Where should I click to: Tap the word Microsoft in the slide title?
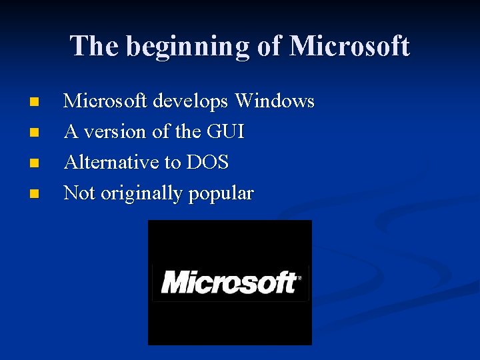349,46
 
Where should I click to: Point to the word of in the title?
270,46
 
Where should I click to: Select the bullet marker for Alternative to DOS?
35,163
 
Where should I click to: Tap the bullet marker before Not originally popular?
35,194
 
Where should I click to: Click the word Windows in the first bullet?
275,101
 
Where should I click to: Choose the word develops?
191,102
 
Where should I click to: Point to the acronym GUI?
225,132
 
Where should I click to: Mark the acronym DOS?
208,162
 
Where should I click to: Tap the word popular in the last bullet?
221,194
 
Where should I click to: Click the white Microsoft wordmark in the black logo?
228,282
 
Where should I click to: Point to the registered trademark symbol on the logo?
299,277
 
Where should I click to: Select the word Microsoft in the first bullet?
106,101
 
